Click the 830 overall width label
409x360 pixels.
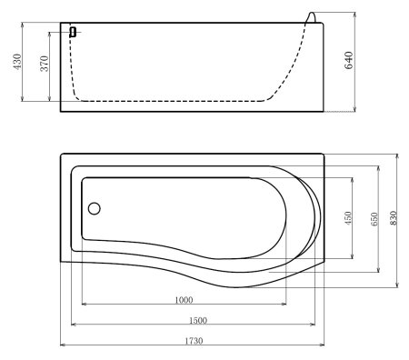394,219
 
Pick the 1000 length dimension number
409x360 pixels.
184,301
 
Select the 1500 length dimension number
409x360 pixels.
197,320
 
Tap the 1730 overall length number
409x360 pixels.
191,341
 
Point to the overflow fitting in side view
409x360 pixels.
72,32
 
